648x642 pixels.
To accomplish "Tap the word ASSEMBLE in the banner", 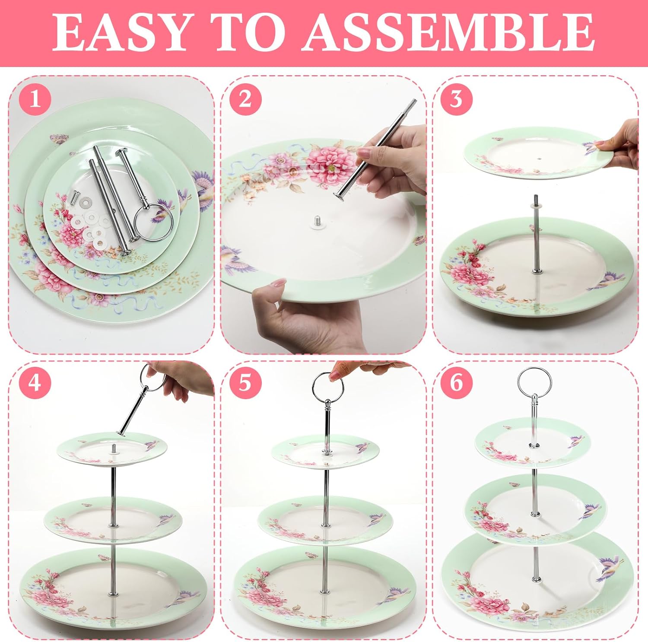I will tap(448, 33).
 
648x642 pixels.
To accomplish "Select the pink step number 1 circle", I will tap(35, 100).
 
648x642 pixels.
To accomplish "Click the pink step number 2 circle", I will tap(245, 100).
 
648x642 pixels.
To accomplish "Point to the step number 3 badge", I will tap(456, 100).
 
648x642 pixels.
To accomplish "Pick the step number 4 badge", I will tap(35, 382).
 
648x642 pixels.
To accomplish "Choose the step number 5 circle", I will tap(245, 382).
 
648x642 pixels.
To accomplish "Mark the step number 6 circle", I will tap(456, 382).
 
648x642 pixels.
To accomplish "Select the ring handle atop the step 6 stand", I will tap(534, 381).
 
